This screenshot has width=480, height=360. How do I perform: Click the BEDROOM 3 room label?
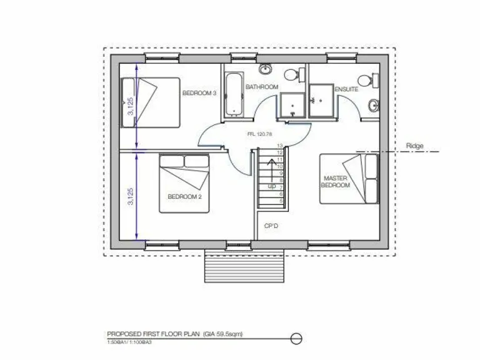199,93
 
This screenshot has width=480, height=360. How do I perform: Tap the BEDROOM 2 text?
184,196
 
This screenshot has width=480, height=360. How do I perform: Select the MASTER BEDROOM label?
334,182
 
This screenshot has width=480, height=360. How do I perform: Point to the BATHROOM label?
261,87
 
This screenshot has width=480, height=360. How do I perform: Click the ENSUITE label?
346,90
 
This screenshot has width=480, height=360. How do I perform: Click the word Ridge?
414,146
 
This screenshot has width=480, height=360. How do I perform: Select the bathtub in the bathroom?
233,94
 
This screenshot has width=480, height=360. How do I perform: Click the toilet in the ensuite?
365,80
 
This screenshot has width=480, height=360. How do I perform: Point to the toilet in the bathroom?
292,75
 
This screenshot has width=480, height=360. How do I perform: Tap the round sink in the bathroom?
266,68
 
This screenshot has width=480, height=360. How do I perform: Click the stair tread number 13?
280,146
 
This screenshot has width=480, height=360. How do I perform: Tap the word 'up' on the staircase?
272,186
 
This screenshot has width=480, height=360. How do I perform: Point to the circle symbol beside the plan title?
297,339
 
